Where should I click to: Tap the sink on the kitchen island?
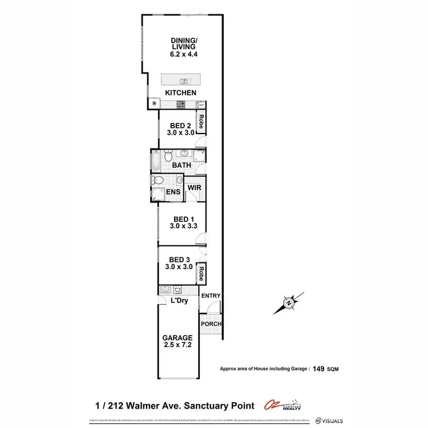(184, 80)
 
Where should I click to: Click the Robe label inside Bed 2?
(201, 122)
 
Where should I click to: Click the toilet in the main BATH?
(168, 156)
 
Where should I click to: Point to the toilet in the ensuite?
(159, 181)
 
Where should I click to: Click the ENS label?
(173, 192)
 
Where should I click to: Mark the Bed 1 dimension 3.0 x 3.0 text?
(181, 226)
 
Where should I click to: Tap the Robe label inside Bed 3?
(201, 274)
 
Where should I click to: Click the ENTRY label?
(210, 295)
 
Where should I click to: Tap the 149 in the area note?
(317, 369)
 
